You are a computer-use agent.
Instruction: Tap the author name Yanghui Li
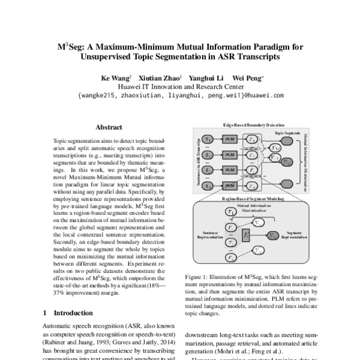click(x=207, y=77)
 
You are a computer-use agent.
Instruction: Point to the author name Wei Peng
click(x=246, y=77)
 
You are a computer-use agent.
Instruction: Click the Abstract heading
click(x=109, y=127)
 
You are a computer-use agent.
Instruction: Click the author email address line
click(x=180, y=95)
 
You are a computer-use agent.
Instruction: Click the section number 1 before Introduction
click(x=46, y=313)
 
